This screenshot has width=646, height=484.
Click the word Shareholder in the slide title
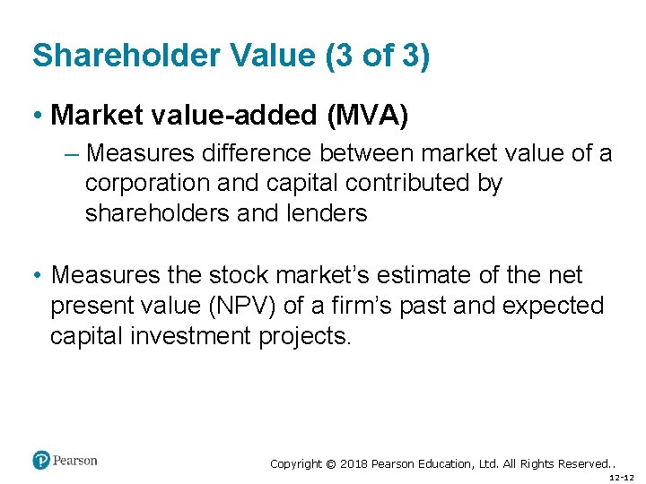124,56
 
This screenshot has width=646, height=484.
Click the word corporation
145,183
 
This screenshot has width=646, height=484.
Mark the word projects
307,336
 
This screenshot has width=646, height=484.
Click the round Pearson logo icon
41,461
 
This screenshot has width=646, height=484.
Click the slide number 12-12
621,479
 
